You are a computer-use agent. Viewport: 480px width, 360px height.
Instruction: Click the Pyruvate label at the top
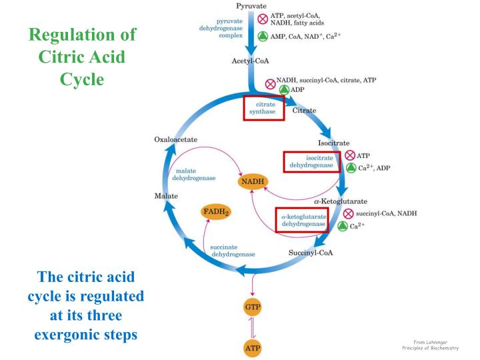(x=253, y=5)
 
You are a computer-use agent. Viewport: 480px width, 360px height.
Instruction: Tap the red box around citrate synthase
(x=264, y=107)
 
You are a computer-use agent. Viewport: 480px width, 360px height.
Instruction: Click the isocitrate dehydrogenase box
(x=311, y=161)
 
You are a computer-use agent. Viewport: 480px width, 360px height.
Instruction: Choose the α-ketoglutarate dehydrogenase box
(x=303, y=219)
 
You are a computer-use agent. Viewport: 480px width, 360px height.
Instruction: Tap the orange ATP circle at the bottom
(x=252, y=348)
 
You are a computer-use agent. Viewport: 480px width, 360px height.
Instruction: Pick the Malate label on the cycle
(x=165, y=197)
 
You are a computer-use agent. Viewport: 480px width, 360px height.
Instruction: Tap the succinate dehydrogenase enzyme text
(x=233, y=251)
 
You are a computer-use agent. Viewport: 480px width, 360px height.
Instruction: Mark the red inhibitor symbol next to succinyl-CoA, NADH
(x=347, y=213)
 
